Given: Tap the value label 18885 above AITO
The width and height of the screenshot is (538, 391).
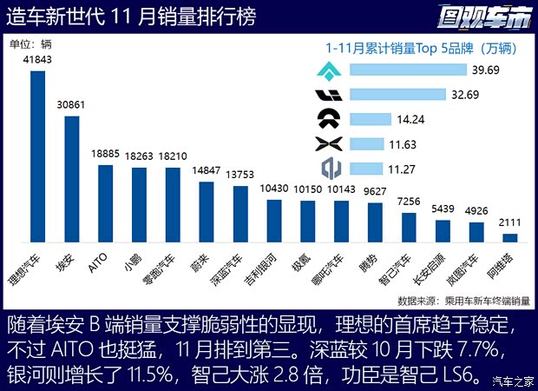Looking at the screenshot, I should pos(105,152).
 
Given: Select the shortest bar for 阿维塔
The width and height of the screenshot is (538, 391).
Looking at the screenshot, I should pos(510,236).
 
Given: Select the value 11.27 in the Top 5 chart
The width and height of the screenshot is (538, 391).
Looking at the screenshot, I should pos(407,169).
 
